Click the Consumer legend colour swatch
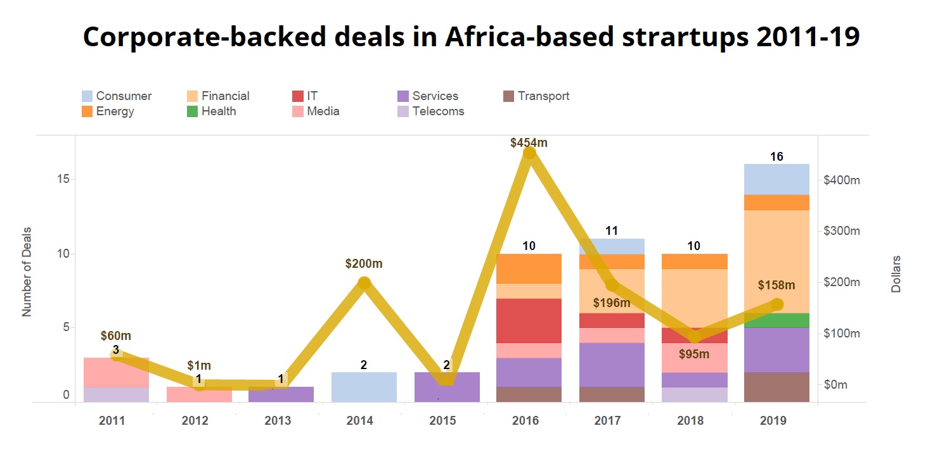tap(87, 96)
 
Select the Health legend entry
tap(219, 111)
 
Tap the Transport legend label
tap(543, 96)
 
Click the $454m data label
tap(529, 143)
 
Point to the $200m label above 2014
tap(364, 263)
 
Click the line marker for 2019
tap(777, 304)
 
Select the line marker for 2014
tap(364, 283)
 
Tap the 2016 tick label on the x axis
tap(525, 421)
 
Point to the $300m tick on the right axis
tap(842, 231)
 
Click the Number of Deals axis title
tap(27, 272)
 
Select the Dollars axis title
tap(896, 274)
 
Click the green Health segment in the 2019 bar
tap(776, 320)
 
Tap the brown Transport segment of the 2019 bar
tap(776, 387)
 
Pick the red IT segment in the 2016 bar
tap(529, 320)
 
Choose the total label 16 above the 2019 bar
tap(777, 157)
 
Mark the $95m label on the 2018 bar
tap(694, 354)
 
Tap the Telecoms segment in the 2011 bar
tap(117, 394)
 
